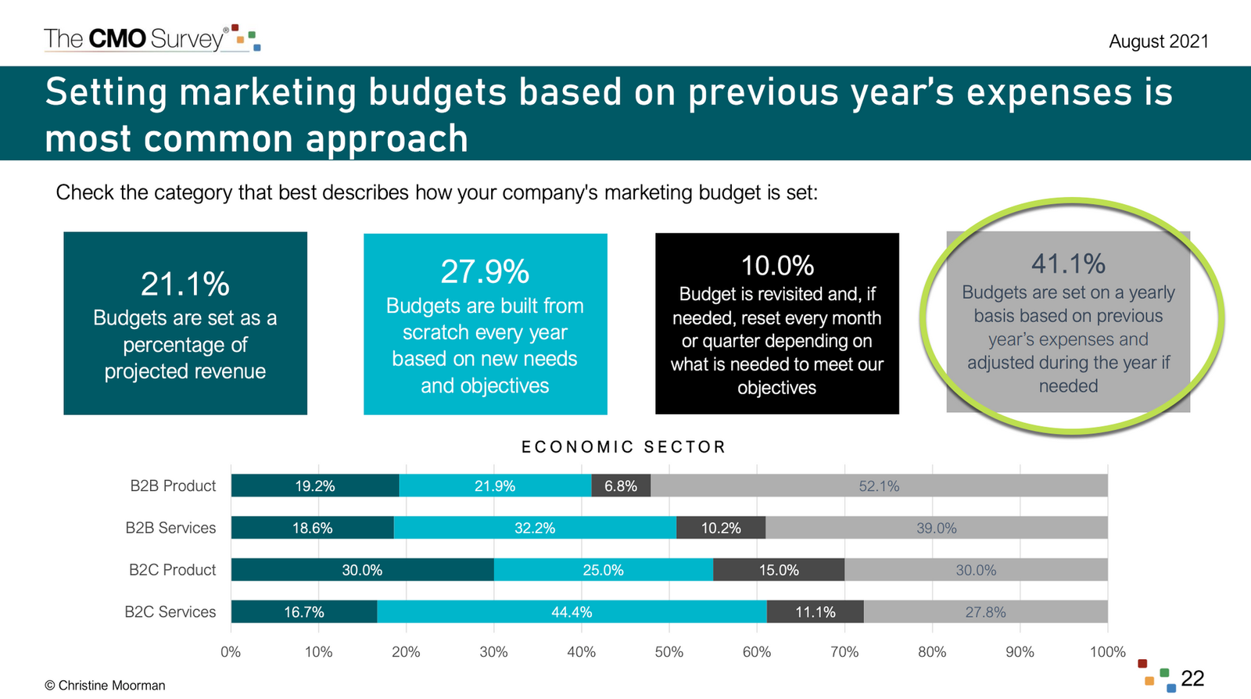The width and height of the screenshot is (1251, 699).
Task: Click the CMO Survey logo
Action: (x=152, y=38)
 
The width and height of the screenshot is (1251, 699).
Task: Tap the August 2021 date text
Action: (x=1158, y=41)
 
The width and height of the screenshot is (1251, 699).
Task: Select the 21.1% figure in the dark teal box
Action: (x=185, y=284)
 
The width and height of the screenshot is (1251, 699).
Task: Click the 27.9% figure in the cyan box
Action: (x=485, y=272)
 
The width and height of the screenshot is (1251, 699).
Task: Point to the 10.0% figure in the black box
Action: (x=777, y=266)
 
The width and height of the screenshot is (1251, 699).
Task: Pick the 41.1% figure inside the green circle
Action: (x=1068, y=263)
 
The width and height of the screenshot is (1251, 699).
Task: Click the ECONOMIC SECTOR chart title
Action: (x=624, y=446)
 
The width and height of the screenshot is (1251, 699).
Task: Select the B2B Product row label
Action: (x=173, y=486)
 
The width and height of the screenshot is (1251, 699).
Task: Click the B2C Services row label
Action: (x=170, y=611)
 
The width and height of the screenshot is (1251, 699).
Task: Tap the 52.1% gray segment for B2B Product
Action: (x=879, y=486)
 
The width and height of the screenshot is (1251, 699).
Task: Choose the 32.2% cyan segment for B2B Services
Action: (x=535, y=528)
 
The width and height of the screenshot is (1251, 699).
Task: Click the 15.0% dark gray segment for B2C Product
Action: (x=779, y=570)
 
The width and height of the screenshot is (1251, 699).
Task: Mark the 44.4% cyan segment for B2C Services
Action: (x=572, y=611)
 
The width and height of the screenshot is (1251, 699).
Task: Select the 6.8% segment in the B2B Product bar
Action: (x=621, y=486)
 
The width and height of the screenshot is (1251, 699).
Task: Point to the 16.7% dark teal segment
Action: (x=304, y=611)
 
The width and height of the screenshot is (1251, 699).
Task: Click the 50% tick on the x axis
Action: (x=669, y=652)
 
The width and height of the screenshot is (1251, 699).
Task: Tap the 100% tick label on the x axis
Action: (x=1107, y=652)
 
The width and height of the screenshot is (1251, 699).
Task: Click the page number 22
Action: (x=1192, y=678)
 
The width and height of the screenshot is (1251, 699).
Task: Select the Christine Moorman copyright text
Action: (x=105, y=685)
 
